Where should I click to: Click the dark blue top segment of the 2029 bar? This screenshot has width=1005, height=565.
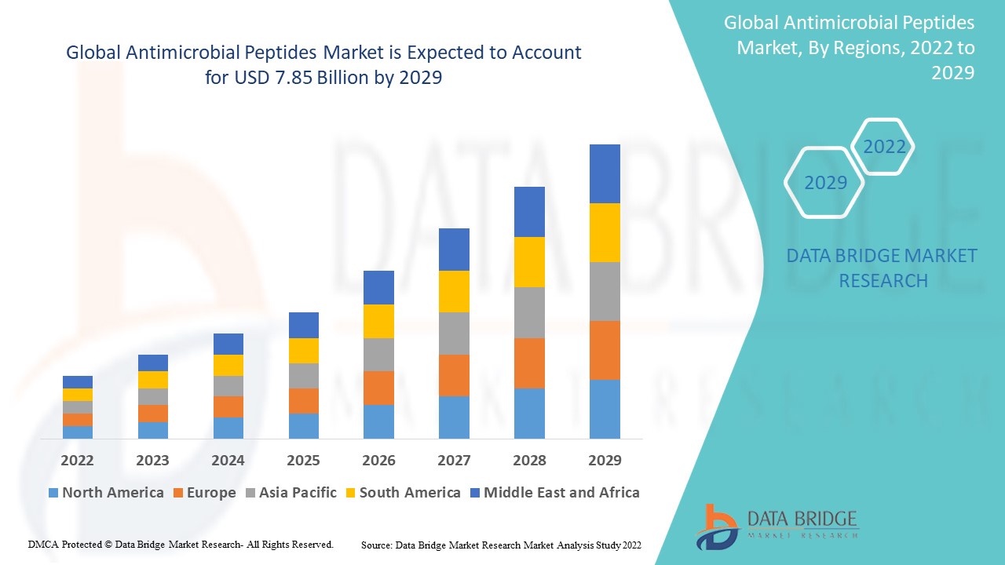tap(605, 173)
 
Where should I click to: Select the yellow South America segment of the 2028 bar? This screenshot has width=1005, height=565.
tap(529, 261)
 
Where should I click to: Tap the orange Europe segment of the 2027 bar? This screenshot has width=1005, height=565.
tap(454, 375)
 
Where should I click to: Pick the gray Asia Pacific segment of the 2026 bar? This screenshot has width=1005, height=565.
tap(378, 355)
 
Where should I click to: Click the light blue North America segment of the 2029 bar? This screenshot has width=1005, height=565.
tap(605, 409)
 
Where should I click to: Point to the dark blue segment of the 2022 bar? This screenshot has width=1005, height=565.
tap(78, 382)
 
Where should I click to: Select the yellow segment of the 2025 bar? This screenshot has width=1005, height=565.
tap(304, 351)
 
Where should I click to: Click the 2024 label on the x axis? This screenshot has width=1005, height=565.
tap(228, 461)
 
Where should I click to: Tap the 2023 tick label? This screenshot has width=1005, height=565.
tap(152, 461)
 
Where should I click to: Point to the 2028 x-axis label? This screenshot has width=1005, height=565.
tap(529, 461)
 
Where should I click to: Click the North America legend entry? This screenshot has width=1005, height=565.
tap(106, 493)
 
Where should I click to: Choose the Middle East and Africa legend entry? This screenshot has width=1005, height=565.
tap(554, 493)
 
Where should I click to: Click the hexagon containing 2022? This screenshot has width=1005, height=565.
tap(884, 147)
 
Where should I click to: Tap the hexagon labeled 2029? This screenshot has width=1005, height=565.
tap(825, 183)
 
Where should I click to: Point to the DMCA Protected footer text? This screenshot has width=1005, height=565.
tap(181, 544)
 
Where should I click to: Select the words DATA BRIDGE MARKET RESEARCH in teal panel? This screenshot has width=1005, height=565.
tap(883, 268)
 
